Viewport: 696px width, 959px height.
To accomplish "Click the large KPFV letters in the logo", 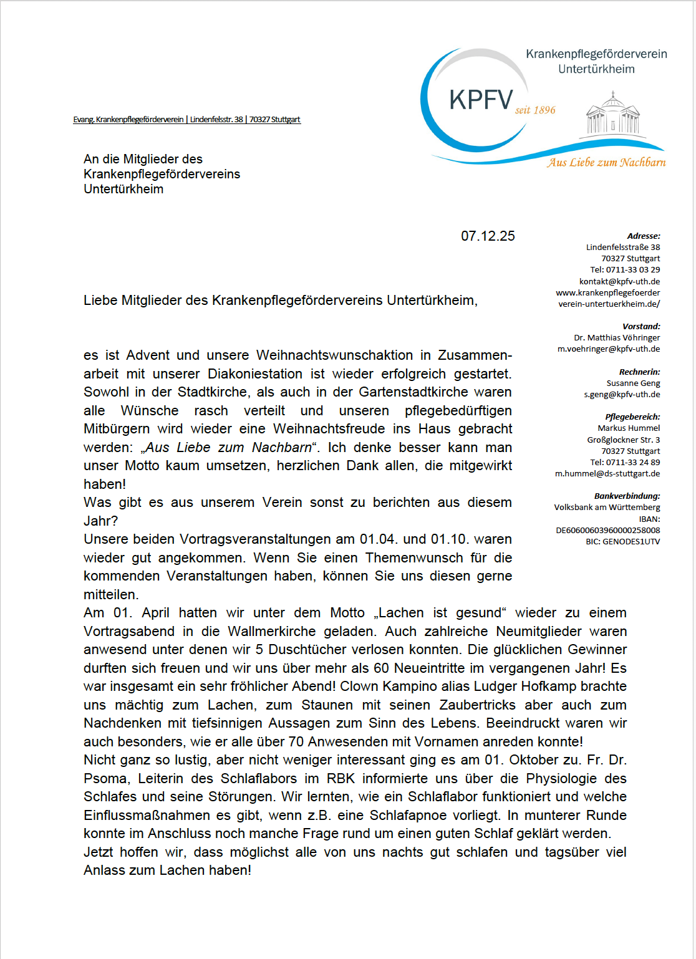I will [481, 100].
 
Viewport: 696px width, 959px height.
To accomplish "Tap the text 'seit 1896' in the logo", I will [535, 110].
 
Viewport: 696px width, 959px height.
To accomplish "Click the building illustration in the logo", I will [613, 115].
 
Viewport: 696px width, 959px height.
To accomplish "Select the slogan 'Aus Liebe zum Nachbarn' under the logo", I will [606, 162].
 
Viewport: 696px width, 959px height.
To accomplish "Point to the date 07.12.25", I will [488, 236].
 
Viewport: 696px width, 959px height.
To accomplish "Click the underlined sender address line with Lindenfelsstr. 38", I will [186, 119].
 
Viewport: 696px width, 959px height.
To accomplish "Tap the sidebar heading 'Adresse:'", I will [644, 236].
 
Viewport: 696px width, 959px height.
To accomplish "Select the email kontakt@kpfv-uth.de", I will [619, 281].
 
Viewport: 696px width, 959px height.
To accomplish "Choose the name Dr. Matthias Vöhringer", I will [617, 337].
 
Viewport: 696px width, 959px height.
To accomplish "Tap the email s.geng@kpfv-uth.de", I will [622, 394].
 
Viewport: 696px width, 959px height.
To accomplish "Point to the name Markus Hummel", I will [629, 428].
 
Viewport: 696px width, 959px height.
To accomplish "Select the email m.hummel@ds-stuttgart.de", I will [607, 473].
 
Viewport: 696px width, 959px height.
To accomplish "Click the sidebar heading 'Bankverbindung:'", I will [627, 496].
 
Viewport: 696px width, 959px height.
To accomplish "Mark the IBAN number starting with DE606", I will [607, 530].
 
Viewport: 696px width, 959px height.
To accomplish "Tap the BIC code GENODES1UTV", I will [622, 541].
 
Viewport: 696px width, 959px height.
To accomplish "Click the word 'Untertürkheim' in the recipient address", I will [123, 189].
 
